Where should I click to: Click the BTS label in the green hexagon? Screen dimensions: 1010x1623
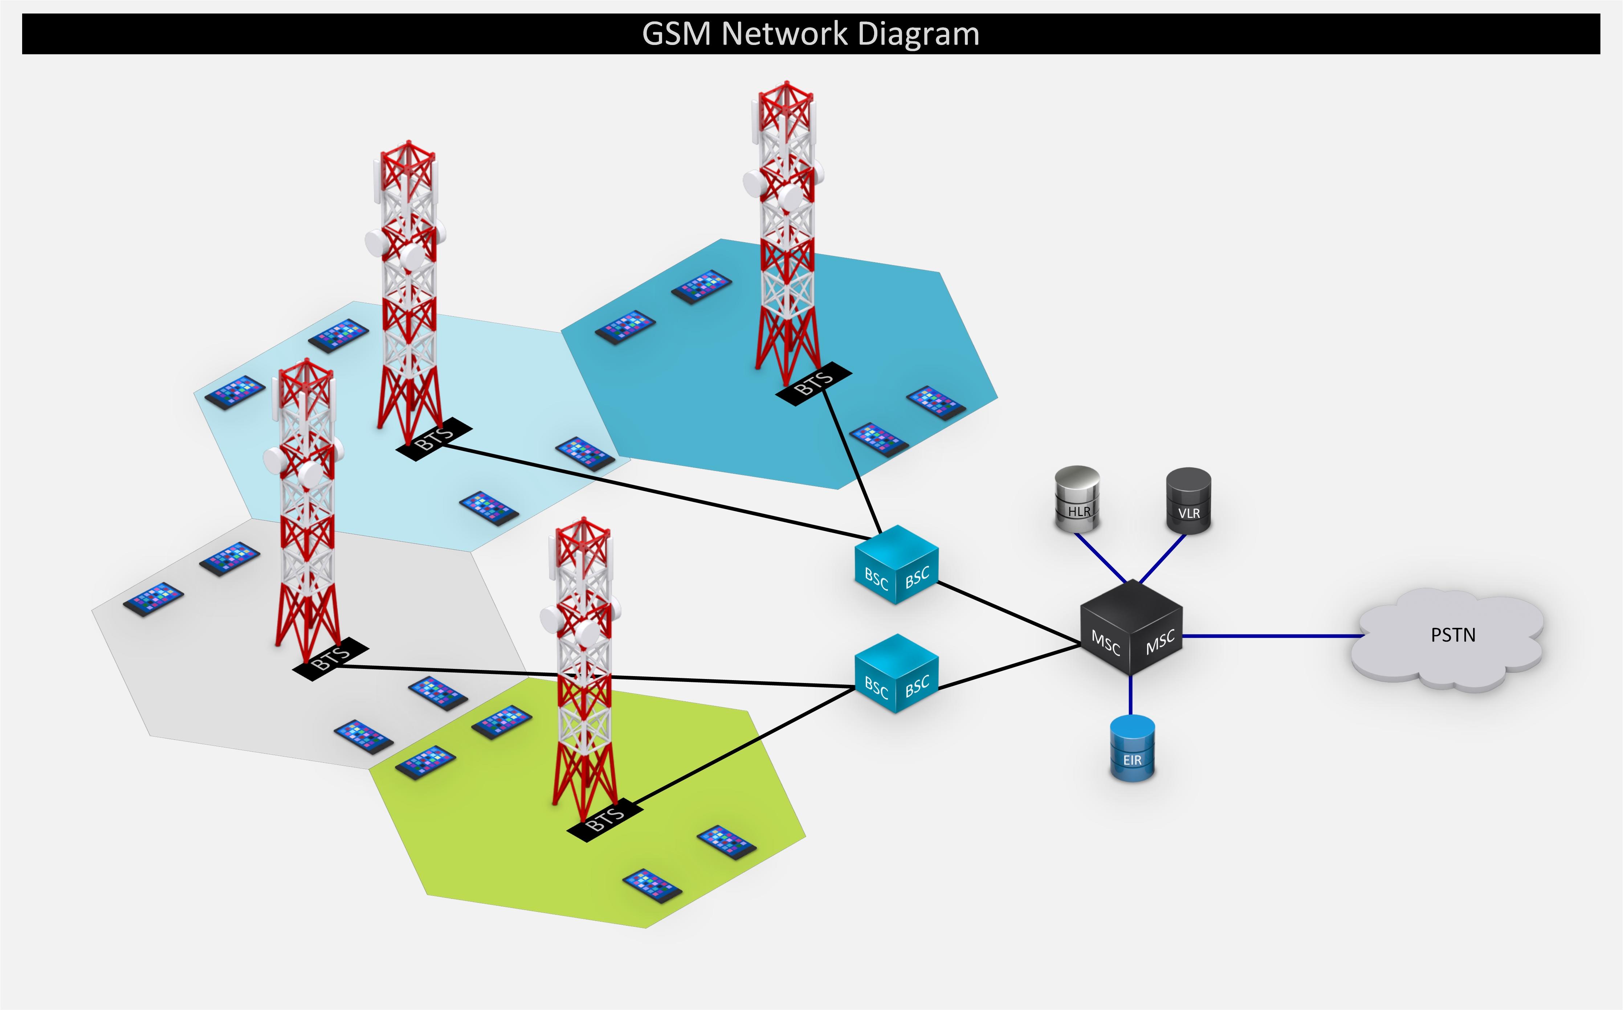pyautogui.click(x=605, y=819)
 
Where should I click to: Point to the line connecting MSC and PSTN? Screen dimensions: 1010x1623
pyautogui.click(x=1269, y=636)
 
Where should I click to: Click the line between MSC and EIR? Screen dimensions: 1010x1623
pyautogui.click(x=1130, y=695)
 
